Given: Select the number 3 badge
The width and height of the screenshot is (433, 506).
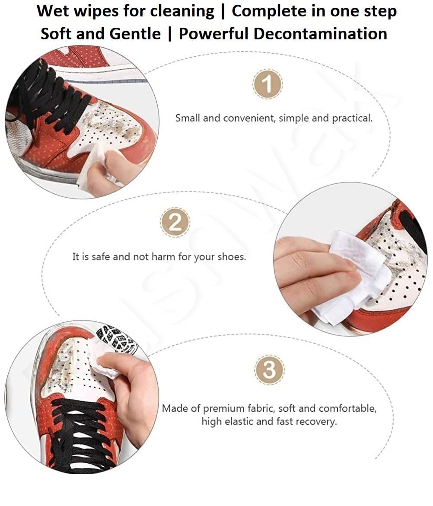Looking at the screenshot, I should tap(269, 370).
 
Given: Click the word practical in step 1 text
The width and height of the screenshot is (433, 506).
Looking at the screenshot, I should tap(352, 118).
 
